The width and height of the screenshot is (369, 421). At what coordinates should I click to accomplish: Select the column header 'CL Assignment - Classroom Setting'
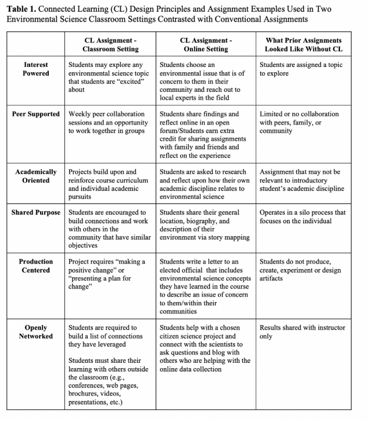click(x=110, y=44)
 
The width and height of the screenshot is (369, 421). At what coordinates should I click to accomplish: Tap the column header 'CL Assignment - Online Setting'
click(x=206, y=44)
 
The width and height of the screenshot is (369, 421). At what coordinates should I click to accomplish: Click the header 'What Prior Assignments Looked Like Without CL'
click(x=303, y=44)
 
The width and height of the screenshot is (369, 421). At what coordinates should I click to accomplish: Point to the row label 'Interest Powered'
click(x=35, y=69)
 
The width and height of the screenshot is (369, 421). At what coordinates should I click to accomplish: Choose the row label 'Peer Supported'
click(x=35, y=114)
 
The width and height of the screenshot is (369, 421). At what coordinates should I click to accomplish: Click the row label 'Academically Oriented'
click(x=35, y=176)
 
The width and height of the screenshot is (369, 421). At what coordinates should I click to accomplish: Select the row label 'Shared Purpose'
click(x=35, y=212)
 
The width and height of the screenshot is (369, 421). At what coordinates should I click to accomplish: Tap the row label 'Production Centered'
click(x=35, y=266)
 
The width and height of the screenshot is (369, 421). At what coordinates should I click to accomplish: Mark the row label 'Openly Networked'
click(x=35, y=331)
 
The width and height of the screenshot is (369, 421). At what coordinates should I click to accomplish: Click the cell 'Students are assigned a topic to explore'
click(x=301, y=69)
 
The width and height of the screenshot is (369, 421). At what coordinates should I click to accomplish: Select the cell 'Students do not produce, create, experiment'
click(x=300, y=270)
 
